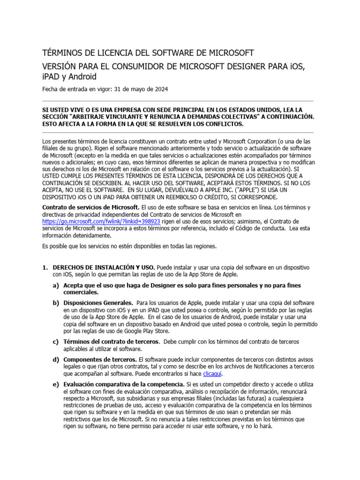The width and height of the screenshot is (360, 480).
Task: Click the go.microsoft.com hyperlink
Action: (x=101, y=221)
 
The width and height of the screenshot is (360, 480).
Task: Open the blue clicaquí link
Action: (x=212, y=374)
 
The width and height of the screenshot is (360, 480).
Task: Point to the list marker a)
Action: (x=56, y=285)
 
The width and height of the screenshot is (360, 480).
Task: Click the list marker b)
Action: (x=56, y=303)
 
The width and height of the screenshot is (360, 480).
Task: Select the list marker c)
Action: (x=56, y=341)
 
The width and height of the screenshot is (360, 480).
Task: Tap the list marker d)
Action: (x=56, y=359)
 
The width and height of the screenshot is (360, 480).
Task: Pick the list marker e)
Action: (x=56, y=384)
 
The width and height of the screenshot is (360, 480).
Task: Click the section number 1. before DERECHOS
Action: (x=45, y=267)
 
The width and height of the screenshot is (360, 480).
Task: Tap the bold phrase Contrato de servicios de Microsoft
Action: (x=91, y=207)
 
